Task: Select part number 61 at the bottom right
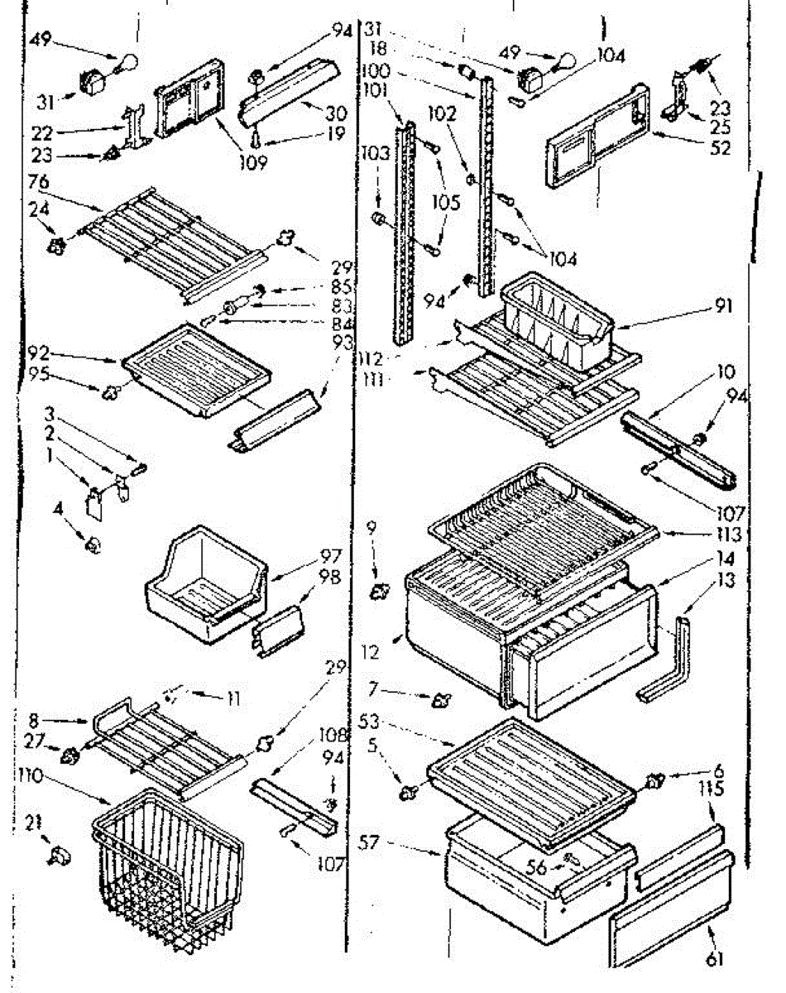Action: [714, 960]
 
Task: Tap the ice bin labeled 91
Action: [554, 319]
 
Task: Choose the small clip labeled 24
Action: [58, 244]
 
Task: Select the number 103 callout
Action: [375, 153]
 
